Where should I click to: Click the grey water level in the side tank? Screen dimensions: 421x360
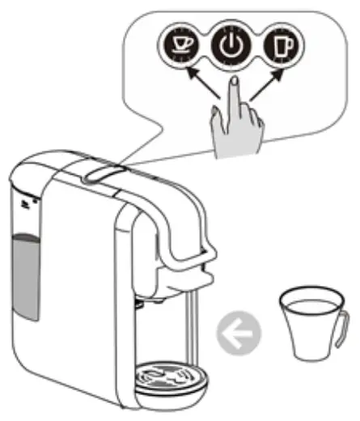tap(25, 275)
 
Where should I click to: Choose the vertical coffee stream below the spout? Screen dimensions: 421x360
tap(188, 324)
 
